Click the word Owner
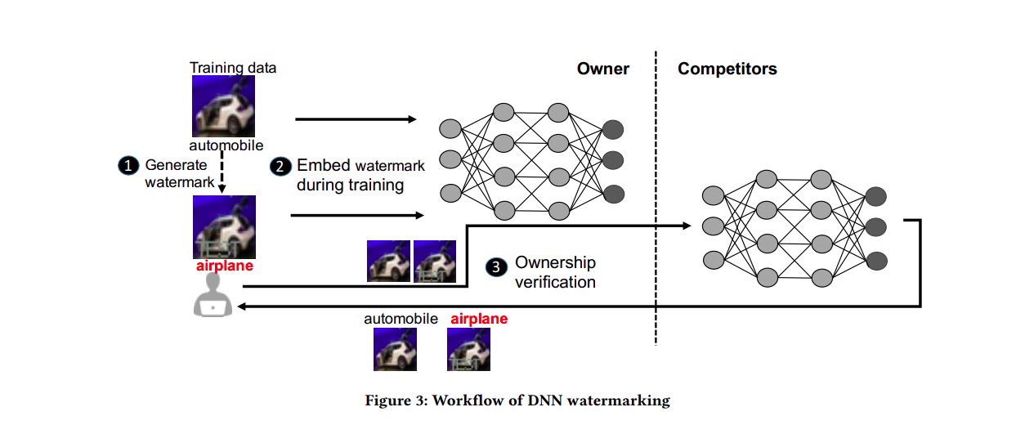coord(603,69)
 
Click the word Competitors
coord(727,69)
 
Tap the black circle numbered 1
coord(128,165)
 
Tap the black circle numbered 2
coord(280,166)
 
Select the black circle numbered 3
coord(496,266)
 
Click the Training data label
coord(233,68)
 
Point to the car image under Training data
coord(222,106)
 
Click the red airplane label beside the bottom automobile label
coord(479,319)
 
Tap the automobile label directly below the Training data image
coord(226,145)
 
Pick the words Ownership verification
coord(555,272)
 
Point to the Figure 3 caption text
coord(517,400)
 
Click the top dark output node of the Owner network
coord(613,128)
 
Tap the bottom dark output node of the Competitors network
coord(876,262)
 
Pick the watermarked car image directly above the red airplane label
coord(222,227)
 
